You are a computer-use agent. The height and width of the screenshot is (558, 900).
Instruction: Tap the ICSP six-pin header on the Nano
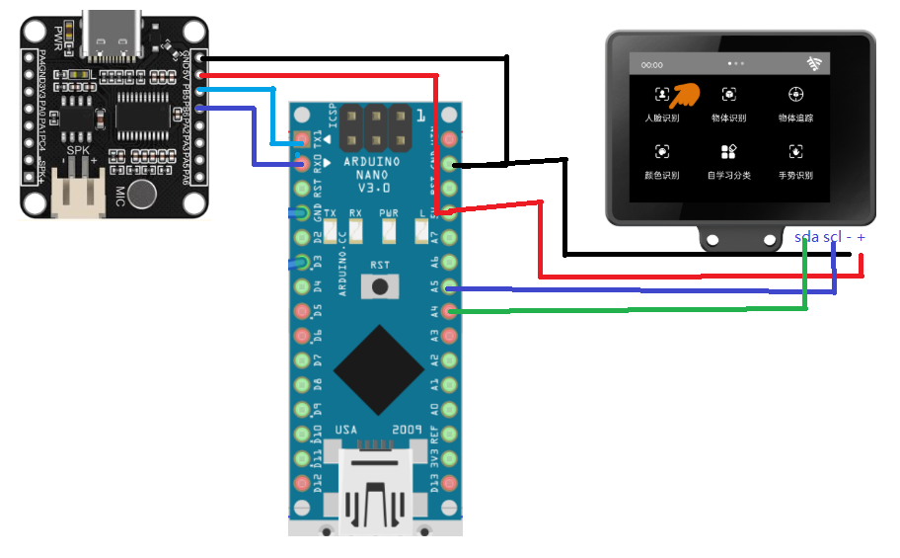point(375,126)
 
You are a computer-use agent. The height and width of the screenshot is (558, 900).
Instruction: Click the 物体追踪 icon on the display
point(795,95)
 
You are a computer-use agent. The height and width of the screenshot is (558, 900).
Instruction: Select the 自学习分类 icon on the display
point(728,151)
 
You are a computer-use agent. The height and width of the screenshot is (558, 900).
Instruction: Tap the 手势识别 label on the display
point(795,176)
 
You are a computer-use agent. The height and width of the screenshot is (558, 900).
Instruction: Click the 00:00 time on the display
point(651,65)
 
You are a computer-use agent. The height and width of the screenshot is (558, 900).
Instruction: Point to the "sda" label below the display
point(806,238)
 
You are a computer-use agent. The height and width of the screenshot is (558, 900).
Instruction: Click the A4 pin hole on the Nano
point(450,312)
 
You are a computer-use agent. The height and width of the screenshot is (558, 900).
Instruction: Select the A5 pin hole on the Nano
point(450,288)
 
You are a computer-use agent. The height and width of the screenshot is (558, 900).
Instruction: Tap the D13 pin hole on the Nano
point(450,482)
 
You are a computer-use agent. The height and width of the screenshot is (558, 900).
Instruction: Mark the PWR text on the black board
point(59,40)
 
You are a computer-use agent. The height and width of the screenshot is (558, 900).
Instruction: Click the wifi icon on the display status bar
point(814,64)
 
